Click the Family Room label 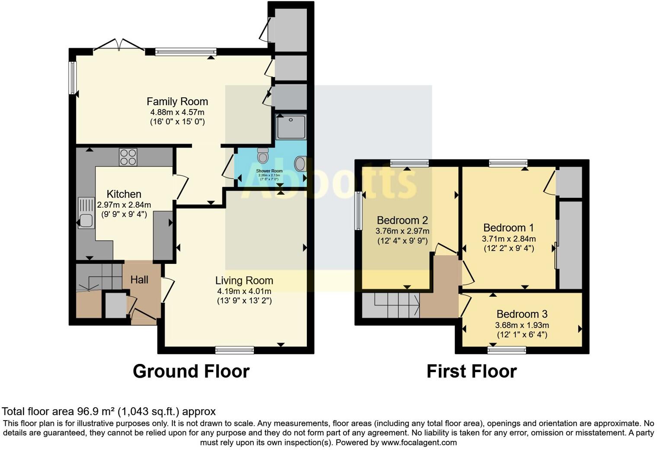177,102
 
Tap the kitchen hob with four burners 128,157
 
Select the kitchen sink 86,220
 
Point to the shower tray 291,127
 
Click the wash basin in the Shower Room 300,164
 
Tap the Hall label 139,280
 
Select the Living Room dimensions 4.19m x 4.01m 244,291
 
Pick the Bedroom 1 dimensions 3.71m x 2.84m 509,239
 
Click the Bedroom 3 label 522,315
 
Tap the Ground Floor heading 191,372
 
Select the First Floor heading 472,372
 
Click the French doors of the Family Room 119,45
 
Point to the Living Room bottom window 235,350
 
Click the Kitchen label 124,194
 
